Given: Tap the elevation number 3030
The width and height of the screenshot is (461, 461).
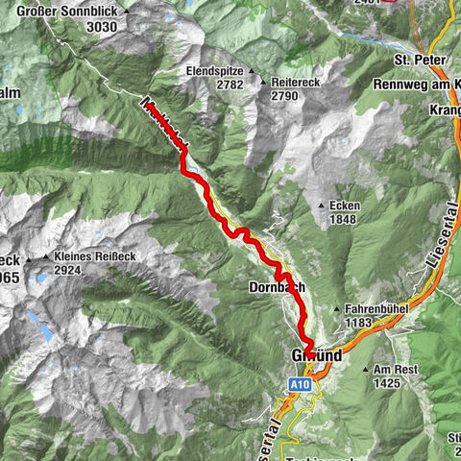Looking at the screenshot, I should [x=100, y=27].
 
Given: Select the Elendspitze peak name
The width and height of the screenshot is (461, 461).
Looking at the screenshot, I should [x=215, y=71].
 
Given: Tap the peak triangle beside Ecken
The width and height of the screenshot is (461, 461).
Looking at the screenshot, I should [x=323, y=205].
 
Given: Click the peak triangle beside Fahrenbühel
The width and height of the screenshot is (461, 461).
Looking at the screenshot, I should [x=335, y=309].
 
